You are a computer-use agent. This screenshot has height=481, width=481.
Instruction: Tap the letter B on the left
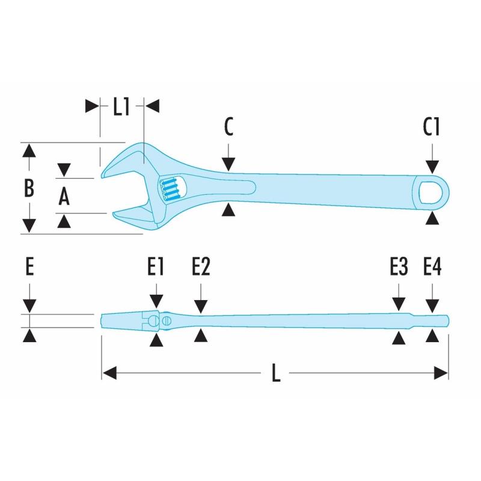coord(28,188)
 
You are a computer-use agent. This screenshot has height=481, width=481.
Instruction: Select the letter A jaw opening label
coord(65,196)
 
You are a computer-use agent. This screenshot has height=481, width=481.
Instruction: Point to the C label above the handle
coord(228,127)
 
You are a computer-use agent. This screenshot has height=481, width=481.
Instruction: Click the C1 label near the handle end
coord(432,127)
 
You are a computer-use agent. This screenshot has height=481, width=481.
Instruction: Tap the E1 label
coord(156,266)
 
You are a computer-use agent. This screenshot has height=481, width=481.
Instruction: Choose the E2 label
coord(201,266)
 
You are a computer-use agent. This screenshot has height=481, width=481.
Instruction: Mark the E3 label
coord(398,266)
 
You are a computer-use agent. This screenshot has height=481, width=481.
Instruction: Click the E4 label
coord(432,266)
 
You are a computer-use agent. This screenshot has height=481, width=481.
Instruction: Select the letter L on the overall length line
coord(276,374)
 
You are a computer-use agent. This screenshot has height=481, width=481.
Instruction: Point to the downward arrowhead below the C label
coord(228,165)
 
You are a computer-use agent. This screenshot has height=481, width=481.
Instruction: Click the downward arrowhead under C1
coord(432,166)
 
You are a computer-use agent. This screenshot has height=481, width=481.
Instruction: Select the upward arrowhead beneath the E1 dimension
coord(156,341)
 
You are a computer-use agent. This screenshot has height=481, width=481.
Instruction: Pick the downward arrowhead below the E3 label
coord(398,304)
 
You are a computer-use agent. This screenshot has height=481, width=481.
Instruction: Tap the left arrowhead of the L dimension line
coord(109,373)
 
